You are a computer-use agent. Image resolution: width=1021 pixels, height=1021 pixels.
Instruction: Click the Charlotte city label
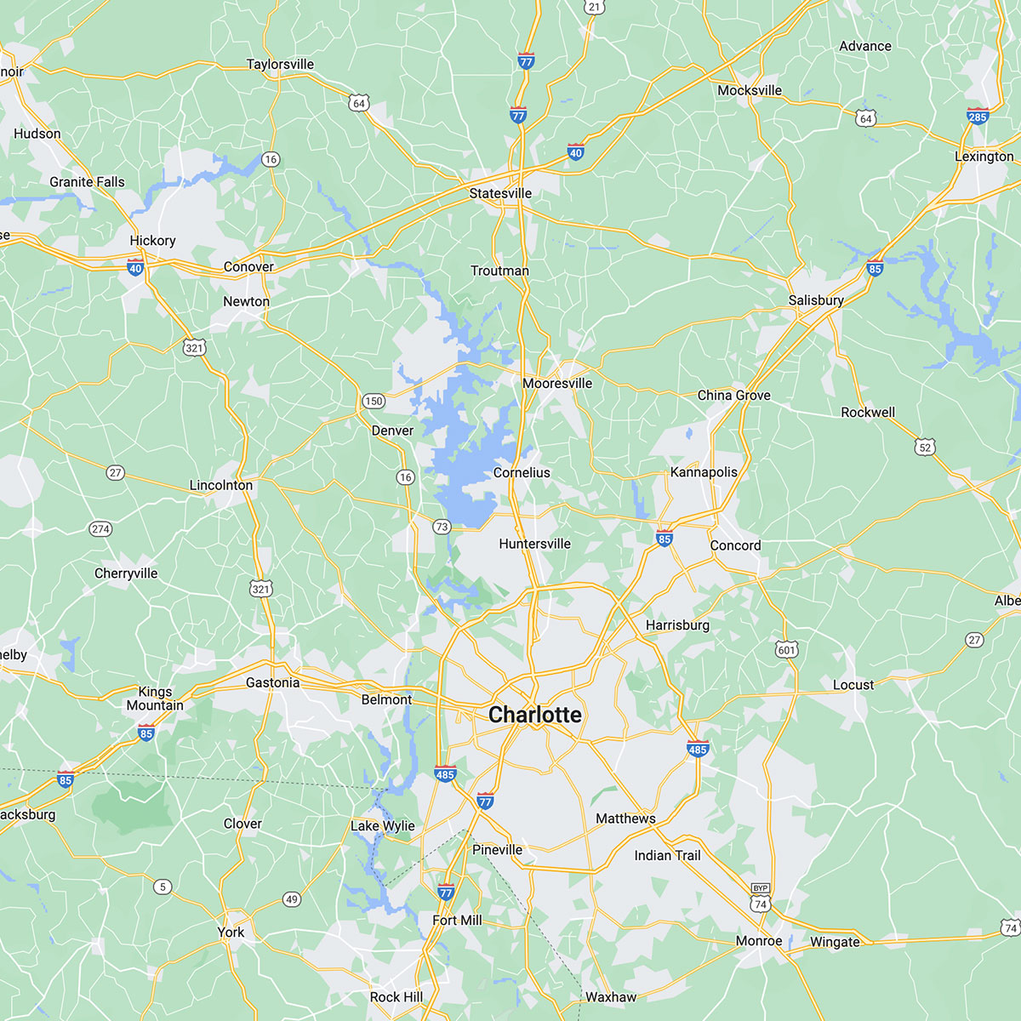[535, 715]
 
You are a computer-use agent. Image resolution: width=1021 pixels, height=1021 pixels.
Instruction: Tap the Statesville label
[500, 193]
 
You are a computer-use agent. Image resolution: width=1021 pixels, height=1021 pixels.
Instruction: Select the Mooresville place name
[557, 383]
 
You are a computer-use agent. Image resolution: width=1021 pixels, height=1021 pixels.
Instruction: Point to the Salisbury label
[815, 299]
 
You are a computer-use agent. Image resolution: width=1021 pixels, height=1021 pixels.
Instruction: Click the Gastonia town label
[272, 682]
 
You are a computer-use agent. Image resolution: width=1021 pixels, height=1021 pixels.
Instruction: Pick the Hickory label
[152, 241]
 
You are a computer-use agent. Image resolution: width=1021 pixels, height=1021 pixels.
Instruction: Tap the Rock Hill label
[396, 997]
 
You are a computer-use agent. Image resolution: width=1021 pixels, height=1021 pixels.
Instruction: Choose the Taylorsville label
[280, 65]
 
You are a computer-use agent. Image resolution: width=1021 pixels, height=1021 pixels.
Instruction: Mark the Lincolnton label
[221, 485]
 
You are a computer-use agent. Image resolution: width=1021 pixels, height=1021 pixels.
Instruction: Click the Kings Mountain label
[155, 699]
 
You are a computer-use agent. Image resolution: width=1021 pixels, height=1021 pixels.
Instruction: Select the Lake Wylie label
[383, 825]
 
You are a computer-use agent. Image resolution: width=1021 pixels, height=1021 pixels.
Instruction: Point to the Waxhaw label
[611, 997]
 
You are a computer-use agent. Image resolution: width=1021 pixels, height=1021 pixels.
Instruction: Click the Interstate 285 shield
[978, 116]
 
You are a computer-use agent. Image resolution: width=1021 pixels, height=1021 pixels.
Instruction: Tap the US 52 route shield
[926, 447]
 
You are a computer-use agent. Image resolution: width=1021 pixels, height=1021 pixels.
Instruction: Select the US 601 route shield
[786, 650]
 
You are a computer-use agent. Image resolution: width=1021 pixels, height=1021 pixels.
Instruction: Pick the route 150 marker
[374, 401]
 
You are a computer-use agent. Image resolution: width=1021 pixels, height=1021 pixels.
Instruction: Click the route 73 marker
[441, 527]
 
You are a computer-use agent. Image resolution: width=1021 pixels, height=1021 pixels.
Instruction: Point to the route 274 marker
[100, 529]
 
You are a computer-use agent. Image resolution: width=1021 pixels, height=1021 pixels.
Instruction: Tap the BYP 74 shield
[760, 899]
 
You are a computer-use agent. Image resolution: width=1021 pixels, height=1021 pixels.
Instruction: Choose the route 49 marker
[292, 899]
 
